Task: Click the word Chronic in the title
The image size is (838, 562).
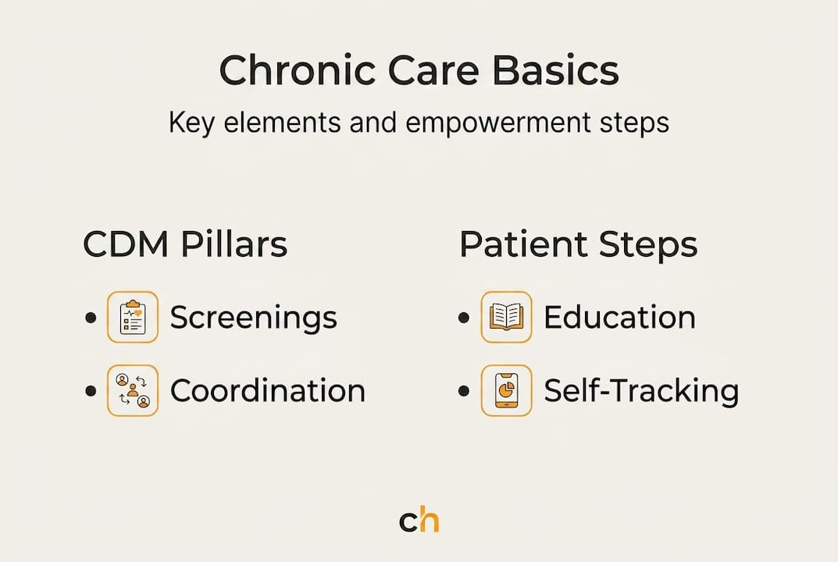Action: (x=298, y=70)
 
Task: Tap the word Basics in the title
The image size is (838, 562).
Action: (x=555, y=70)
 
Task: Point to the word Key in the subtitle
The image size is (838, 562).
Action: (x=192, y=123)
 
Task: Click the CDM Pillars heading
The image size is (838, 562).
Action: (x=185, y=244)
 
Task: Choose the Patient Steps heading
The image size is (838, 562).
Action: (x=578, y=244)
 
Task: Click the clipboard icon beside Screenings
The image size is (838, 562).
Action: (x=133, y=317)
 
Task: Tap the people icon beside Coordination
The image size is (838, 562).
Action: (x=133, y=390)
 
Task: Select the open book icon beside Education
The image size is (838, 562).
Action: (x=506, y=317)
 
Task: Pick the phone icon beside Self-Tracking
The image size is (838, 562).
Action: (x=506, y=390)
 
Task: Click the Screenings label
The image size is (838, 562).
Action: (x=253, y=318)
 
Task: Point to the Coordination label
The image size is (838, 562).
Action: (x=268, y=390)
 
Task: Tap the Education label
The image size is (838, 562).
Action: (x=619, y=317)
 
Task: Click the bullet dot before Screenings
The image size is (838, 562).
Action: (x=91, y=318)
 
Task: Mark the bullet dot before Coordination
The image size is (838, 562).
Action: (x=91, y=390)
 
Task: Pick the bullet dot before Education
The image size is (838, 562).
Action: (x=464, y=318)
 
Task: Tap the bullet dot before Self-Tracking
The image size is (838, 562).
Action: (x=464, y=390)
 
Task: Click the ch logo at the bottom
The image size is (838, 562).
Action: (x=419, y=521)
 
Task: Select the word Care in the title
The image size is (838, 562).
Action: (x=433, y=70)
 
